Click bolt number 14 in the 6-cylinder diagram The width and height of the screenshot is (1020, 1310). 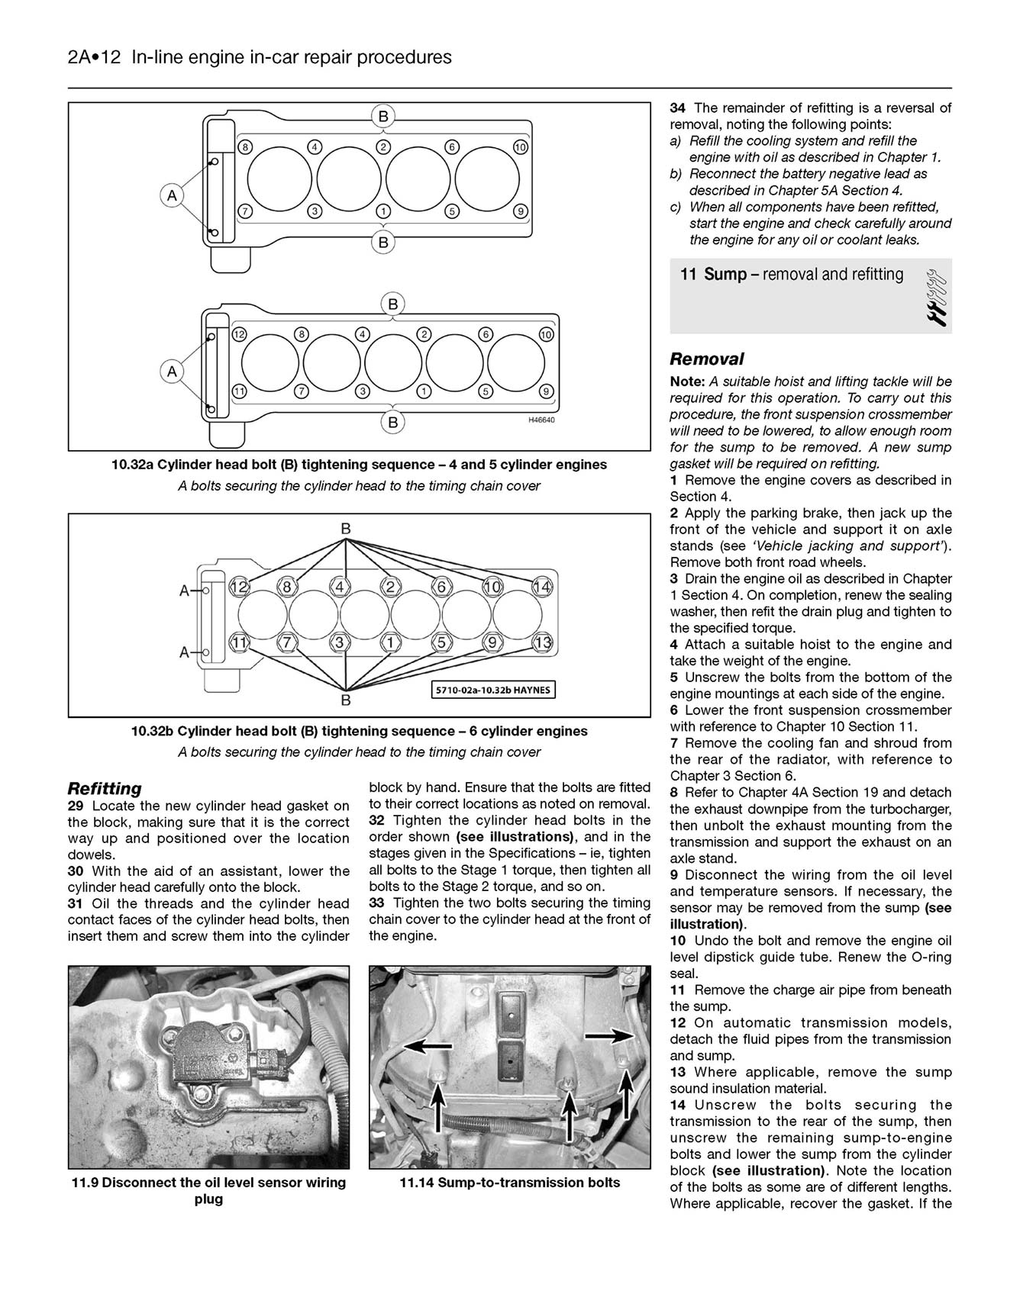click(x=542, y=587)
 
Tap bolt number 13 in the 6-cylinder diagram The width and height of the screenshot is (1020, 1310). click(x=544, y=642)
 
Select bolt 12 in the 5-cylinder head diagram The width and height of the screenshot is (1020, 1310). click(x=239, y=334)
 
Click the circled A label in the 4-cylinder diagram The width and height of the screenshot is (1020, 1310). click(x=172, y=195)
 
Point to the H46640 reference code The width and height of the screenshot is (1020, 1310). click(x=541, y=420)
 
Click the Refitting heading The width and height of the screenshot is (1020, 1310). click(x=105, y=789)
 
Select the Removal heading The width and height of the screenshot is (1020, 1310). click(x=706, y=359)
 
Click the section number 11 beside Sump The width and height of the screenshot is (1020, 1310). click(x=688, y=275)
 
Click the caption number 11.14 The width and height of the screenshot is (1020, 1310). click(x=417, y=1183)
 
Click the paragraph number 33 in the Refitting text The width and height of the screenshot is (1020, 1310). click(x=377, y=903)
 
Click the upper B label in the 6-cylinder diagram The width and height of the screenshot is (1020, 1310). click(x=346, y=528)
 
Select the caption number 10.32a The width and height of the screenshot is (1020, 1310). click(x=133, y=465)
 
